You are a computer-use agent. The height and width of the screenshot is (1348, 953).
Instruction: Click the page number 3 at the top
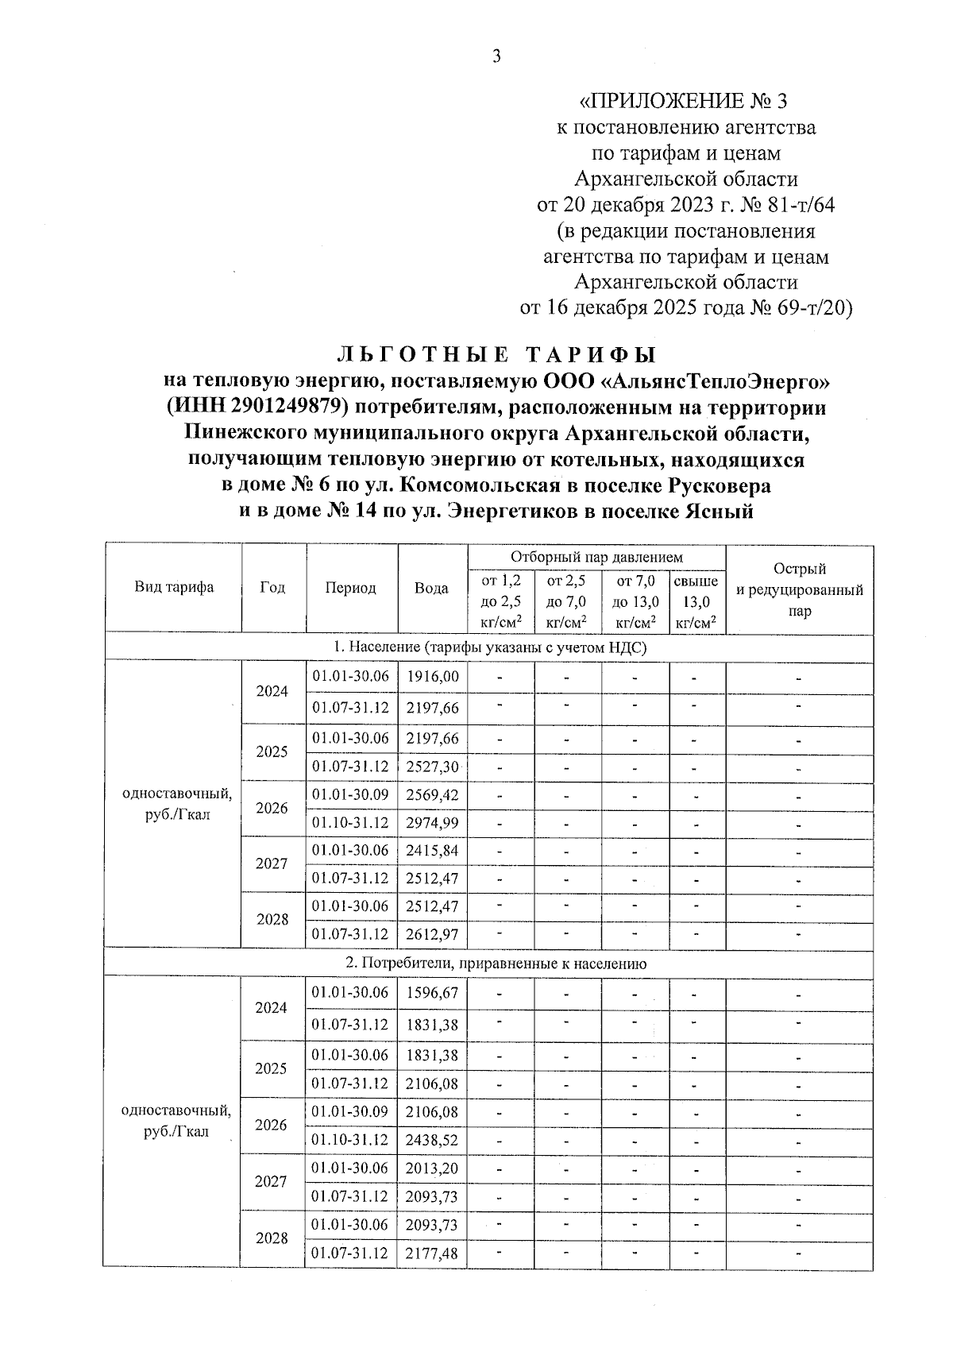point(497,56)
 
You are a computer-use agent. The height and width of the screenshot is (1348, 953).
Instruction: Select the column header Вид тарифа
point(174,588)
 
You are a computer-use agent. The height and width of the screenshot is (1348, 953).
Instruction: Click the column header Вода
point(431,588)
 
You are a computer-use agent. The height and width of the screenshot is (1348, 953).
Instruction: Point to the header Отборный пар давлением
point(596,558)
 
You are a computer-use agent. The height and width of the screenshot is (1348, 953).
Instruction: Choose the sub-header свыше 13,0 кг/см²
point(696,602)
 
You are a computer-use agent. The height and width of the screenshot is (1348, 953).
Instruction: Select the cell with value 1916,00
point(432,677)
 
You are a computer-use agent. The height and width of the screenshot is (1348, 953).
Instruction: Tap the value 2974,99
point(432,823)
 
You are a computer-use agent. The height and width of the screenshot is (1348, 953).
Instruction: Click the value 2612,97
point(432,934)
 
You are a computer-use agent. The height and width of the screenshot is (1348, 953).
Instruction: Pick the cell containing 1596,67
point(432,993)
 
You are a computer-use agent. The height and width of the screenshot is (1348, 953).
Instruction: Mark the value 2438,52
point(432,1140)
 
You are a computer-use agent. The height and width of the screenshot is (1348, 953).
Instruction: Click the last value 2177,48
point(432,1253)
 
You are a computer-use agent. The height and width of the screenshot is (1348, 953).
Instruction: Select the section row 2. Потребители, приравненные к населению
point(496,964)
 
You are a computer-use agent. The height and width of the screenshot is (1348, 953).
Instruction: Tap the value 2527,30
point(432,767)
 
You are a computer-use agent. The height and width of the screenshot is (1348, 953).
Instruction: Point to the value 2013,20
point(432,1168)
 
